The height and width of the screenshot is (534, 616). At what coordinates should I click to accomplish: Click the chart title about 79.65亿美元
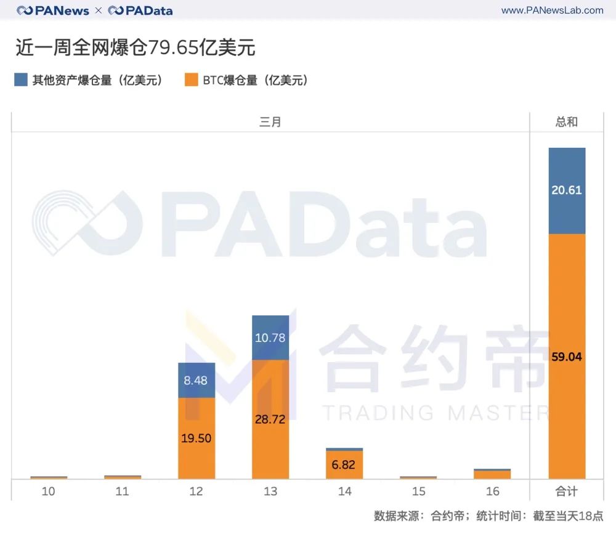click(x=136, y=47)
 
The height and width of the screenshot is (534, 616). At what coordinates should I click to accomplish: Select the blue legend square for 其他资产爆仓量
click(x=21, y=80)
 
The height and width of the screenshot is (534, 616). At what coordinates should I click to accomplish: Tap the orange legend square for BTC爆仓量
click(x=192, y=80)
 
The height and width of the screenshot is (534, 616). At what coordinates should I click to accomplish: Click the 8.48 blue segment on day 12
click(x=197, y=380)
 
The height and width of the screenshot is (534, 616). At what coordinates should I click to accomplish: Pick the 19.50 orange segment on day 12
click(x=197, y=438)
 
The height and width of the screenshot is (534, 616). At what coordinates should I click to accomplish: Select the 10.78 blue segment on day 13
click(x=270, y=338)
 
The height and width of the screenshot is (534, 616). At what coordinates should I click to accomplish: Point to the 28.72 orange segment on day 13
click(x=270, y=419)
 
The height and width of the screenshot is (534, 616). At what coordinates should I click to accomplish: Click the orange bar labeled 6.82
click(x=344, y=464)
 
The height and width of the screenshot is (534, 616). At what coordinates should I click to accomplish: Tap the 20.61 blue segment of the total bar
click(x=567, y=190)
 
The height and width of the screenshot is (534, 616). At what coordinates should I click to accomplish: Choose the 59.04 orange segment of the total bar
click(x=567, y=356)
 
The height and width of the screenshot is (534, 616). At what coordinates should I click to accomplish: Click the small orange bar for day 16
click(x=492, y=474)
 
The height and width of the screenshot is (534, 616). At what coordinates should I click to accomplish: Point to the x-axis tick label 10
click(x=48, y=492)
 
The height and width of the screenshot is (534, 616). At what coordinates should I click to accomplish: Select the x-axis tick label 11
click(x=123, y=492)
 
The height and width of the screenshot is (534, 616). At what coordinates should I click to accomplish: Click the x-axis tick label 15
click(x=418, y=492)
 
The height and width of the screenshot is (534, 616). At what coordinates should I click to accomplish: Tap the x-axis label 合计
click(x=567, y=492)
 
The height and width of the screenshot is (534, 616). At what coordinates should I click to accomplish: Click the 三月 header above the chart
click(x=270, y=122)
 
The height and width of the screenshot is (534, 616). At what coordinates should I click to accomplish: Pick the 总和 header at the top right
click(x=567, y=122)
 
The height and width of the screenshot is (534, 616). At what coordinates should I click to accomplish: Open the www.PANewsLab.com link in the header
click(x=552, y=10)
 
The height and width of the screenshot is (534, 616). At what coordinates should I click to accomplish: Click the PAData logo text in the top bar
click(x=140, y=10)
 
